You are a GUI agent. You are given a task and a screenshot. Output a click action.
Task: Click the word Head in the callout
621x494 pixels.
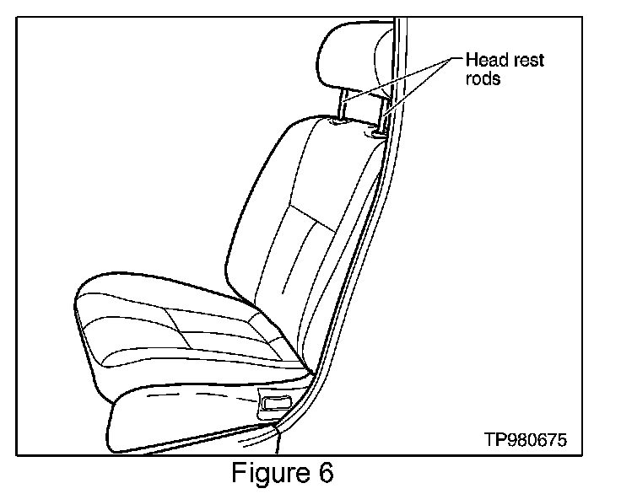pyautogui.click(x=483, y=60)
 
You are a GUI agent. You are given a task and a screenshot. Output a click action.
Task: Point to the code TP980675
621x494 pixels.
pyautogui.click(x=526, y=439)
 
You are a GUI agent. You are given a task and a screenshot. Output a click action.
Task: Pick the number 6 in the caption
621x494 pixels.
pyautogui.click(x=326, y=473)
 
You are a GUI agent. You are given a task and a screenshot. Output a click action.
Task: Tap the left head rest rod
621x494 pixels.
pyautogui.click(x=342, y=106)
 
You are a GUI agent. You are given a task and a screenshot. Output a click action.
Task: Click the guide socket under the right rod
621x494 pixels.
pyautogui.click(x=375, y=131)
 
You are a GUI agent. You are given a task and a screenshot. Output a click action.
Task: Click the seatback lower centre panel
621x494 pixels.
pyautogui.click(x=295, y=278)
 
